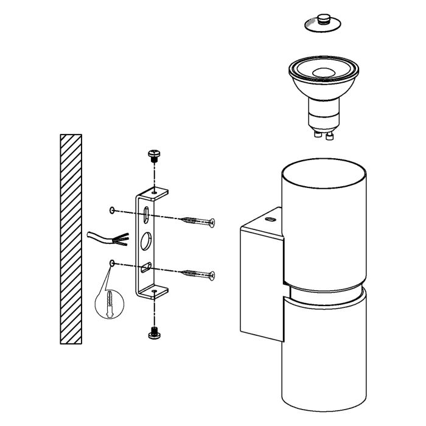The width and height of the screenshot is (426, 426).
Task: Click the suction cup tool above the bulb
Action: tap(320, 23)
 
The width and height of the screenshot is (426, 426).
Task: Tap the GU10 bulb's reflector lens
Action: tap(322, 72)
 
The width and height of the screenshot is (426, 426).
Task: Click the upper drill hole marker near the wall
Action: tap(112, 210)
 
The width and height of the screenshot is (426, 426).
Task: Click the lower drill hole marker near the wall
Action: tap(112, 263)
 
